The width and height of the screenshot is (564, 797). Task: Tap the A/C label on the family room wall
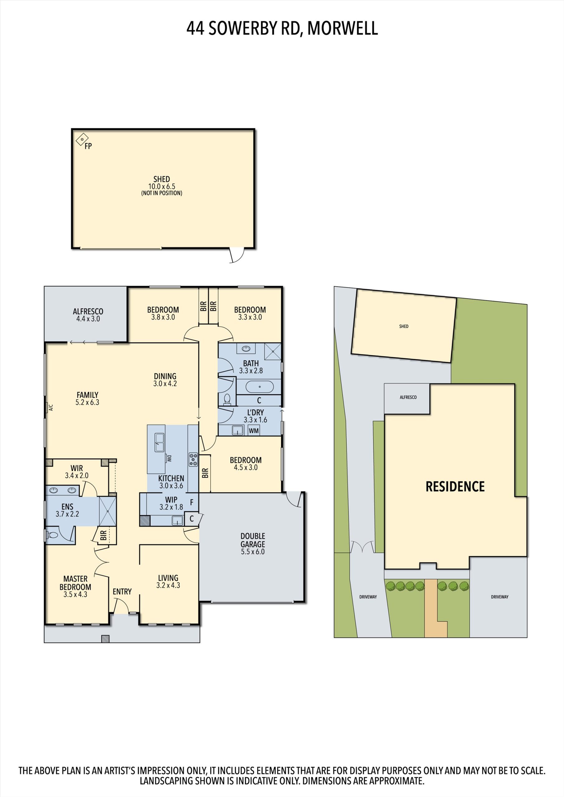click(x=51, y=407)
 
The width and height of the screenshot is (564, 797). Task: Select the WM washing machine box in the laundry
click(x=254, y=431)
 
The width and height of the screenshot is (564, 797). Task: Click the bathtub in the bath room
click(x=260, y=387)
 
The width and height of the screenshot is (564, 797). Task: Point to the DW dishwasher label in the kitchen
click(x=170, y=458)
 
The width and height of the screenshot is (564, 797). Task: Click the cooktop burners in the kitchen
click(x=193, y=459)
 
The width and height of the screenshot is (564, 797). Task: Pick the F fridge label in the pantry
click(x=191, y=502)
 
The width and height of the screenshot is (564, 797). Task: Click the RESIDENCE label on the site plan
click(x=455, y=487)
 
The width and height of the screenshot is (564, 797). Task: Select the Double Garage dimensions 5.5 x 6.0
click(x=253, y=552)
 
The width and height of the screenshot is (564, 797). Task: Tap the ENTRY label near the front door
click(x=122, y=592)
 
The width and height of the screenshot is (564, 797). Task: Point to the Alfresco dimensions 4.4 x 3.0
click(x=88, y=319)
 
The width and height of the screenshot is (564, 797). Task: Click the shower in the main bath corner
click(x=273, y=351)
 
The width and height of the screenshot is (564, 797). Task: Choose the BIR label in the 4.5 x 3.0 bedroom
click(x=205, y=473)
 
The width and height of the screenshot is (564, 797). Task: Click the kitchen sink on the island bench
click(x=160, y=443)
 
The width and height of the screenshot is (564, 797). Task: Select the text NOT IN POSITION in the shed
click(x=162, y=193)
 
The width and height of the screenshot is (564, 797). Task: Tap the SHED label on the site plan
click(x=404, y=326)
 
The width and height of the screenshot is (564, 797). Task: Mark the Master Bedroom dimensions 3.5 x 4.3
click(x=75, y=594)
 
